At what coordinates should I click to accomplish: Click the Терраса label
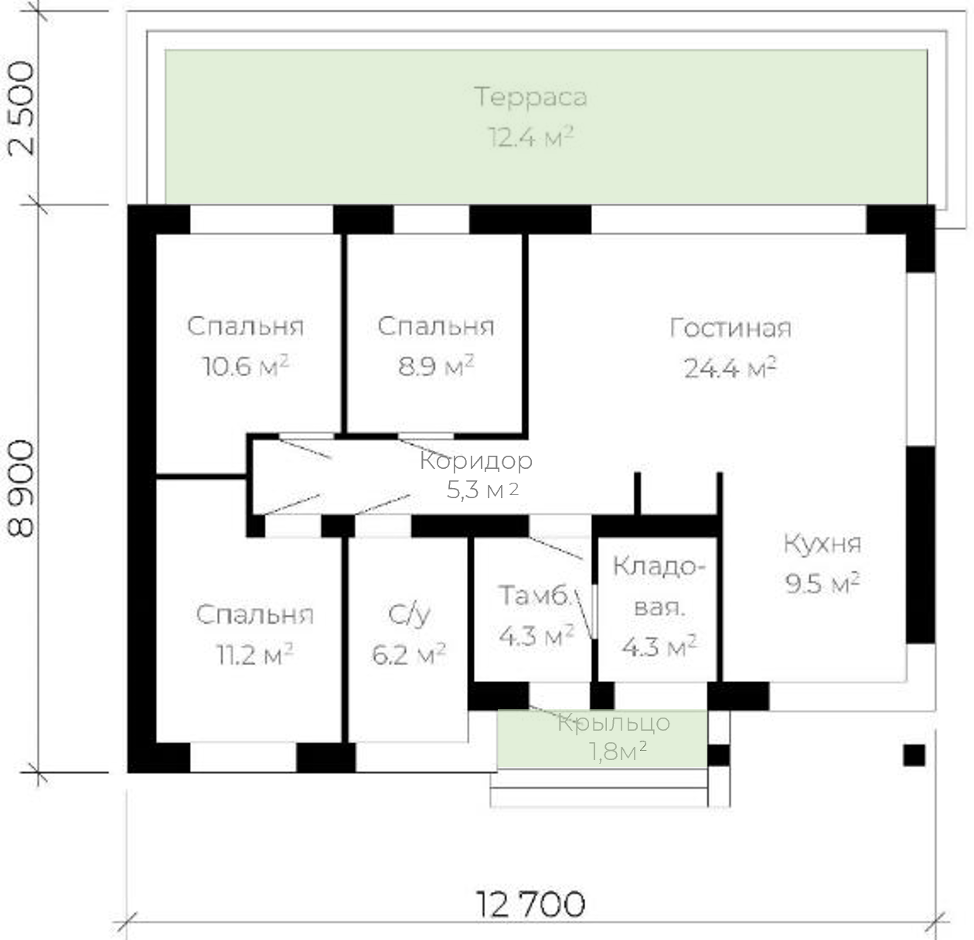click(x=530, y=97)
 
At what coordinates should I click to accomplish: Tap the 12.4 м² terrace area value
click(x=530, y=137)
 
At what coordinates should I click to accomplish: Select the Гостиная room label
click(x=730, y=328)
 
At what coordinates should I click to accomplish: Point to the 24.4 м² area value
click(x=730, y=368)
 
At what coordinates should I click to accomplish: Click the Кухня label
click(x=822, y=544)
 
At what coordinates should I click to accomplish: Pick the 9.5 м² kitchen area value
click(x=822, y=583)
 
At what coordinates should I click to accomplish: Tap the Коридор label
click(x=476, y=461)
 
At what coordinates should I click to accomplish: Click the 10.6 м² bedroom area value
click(x=246, y=366)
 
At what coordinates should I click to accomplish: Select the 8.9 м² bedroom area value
click(x=436, y=366)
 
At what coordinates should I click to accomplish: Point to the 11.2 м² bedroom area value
click(x=255, y=654)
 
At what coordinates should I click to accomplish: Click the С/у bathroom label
click(x=409, y=615)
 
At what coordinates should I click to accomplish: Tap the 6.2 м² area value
click(x=409, y=654)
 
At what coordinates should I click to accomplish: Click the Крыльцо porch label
click(x=614, y=724)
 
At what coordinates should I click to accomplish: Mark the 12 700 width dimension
click(x=530, y=904)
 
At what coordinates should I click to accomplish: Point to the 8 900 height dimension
click(x=22, y=488)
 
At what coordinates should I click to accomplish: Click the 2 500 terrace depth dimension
click(x=22, y=108)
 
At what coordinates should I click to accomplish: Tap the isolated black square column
click(x=914, y=755)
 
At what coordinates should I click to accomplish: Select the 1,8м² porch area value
click(x=618, y=752)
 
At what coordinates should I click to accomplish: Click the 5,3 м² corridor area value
click(x=482, y=490)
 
